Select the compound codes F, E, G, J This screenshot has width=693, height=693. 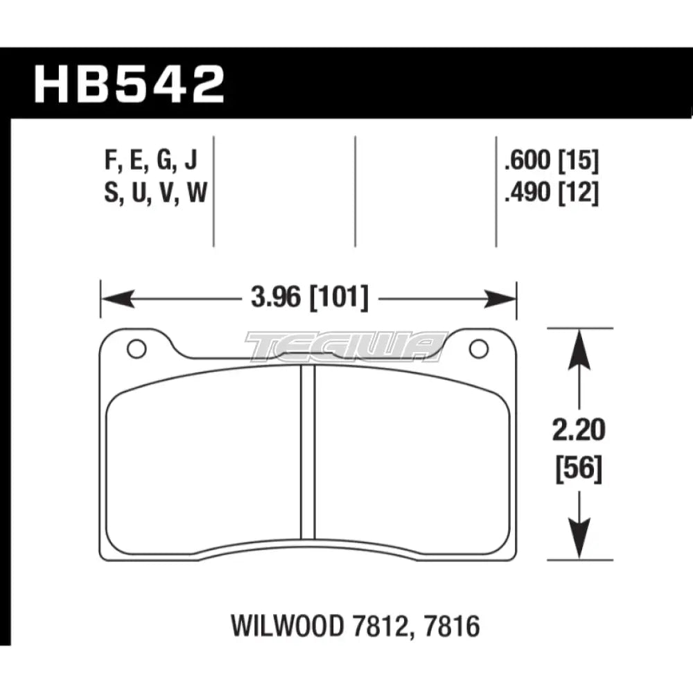tap(151, 162)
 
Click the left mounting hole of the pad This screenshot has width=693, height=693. tap(137, 349)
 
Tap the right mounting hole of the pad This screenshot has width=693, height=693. tap(479, 349)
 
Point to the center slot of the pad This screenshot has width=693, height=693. tap(308, 450)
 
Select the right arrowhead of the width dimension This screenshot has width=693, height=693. tap(502, 299)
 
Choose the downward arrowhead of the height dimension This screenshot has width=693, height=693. tap(579, 544)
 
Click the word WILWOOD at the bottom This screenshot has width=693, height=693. tap(277, 627)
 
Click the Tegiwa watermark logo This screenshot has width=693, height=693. tap(346, 346)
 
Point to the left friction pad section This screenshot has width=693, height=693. tap(204, 457)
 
